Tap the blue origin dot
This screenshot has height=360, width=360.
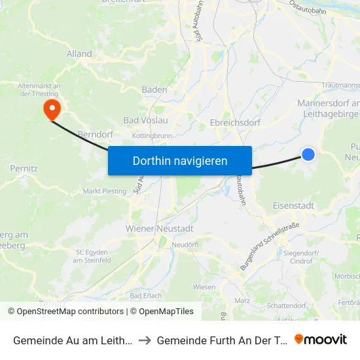pyautogui.click(x=308, y=154)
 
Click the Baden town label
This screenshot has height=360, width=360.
pyautogui.click(x=154, y=90)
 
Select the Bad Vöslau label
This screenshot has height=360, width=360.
pyautogui.click(x=146, y=120)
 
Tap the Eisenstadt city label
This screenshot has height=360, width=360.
pyautogui.click(x=293, y=206)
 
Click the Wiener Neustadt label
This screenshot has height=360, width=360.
pyautogui.click(x=159, y=228)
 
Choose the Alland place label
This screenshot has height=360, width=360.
pyautogui.click(x=79, y=55)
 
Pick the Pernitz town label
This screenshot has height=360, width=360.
pyautogui.click(x=24, y=168)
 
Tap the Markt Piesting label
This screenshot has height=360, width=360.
pyautogui.click(x=105, y=191)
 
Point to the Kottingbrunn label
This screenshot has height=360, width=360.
pyautogui.click(x=151, y=135)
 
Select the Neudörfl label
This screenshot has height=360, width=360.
pyautogui.click(x=185, y=244)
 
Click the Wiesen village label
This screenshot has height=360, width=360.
pyautogui.click(x=204, y=287)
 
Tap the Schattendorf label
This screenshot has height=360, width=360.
pyautogui.click(x=287, y=306)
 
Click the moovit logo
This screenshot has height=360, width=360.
pyautogui.click(x=320, y=339)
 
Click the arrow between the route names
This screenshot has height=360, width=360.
pyautogui.click(x=146, y=340)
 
